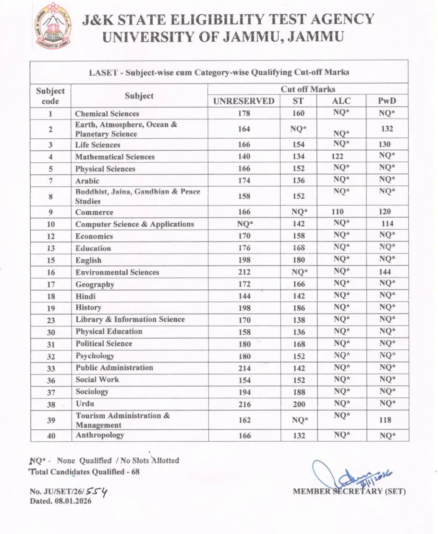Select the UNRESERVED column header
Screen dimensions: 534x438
click(244, 101)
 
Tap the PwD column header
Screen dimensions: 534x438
click(387, 101)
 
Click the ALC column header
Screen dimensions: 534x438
click(341, 101)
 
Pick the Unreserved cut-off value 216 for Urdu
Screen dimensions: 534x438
click(244, 404)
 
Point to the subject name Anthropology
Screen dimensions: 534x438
click(100, 435)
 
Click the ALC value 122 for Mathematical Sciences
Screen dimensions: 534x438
click(338, 157)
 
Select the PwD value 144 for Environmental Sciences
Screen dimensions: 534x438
click(385, 272)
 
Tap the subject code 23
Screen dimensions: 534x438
click(51, 320)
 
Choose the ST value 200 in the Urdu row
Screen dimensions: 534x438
click(299, 404)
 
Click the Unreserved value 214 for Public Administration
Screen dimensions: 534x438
click(244, 368)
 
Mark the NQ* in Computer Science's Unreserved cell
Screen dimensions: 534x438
click(245, 224)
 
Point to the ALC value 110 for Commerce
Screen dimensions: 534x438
click(338, 212)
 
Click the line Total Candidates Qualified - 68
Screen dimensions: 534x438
click(85, 472)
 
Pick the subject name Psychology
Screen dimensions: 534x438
click(95, 356)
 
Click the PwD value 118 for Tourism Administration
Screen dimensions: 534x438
click(385, 420)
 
